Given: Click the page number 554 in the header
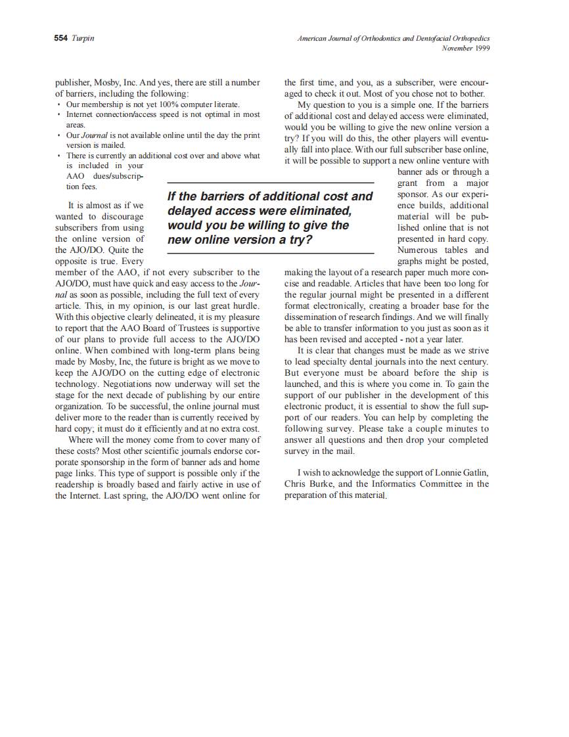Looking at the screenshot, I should (60, 38).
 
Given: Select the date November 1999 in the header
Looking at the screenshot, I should (465, 48).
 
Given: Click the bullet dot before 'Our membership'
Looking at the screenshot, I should (59, 104).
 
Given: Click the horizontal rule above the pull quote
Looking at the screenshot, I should (270, 183).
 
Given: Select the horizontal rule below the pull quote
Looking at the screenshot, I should (270, 253).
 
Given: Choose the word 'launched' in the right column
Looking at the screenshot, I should (301, 384).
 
